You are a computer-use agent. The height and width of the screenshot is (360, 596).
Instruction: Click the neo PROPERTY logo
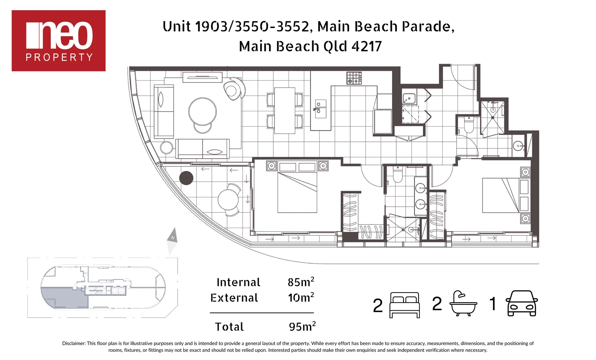[x=58, y=40]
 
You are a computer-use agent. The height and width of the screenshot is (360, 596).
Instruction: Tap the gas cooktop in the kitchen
[x=354, y=78]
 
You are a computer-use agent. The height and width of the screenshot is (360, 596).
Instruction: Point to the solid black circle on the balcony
[x=186, y=178]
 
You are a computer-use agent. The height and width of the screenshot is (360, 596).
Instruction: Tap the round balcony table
[x=228, y=200]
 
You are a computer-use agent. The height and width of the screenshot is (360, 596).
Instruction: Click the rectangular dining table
[x=284, y=110]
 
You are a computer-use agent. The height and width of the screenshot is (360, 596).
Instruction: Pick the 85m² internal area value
[x=301, y=282]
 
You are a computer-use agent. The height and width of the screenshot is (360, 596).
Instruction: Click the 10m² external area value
[x=301, y=297]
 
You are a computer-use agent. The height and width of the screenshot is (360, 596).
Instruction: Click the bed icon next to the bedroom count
[x=404, y=305]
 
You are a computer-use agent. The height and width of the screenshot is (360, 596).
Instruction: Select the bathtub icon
[x=463, y=303]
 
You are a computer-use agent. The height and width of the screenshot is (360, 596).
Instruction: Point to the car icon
[x=521, y=303]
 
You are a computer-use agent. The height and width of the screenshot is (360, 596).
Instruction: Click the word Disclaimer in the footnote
[x=73, y=343]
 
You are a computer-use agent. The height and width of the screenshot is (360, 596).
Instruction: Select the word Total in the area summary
[x=229, y=327]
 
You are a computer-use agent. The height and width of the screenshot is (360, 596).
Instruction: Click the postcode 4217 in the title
[x=367, y=46]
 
